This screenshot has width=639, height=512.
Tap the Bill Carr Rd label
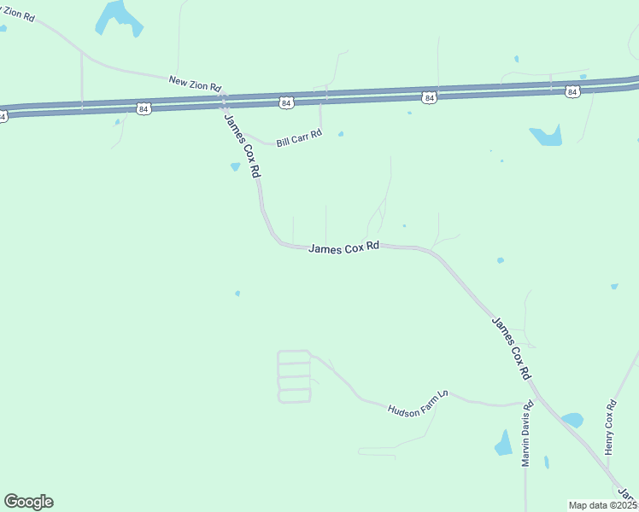299,137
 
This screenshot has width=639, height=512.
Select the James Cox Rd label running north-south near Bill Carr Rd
242,144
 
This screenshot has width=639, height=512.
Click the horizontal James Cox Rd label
343,247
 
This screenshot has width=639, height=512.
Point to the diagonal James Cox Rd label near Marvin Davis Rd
512,348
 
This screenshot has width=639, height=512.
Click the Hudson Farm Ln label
418,403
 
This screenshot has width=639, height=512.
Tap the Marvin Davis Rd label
527,433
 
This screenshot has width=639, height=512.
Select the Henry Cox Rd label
610,428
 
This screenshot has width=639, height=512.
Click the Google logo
29,502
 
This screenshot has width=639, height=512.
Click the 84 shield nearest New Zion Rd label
144,108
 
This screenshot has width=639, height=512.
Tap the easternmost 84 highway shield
572,91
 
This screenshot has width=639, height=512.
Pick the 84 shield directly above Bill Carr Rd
285,102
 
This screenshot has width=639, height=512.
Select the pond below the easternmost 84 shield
546,135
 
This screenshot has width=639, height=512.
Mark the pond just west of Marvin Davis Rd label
504,443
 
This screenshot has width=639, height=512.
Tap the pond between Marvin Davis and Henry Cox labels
572,420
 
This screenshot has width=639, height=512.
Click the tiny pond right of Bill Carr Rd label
341,134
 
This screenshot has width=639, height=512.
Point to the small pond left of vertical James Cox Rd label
235,166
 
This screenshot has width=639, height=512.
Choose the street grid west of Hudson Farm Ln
294,376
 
